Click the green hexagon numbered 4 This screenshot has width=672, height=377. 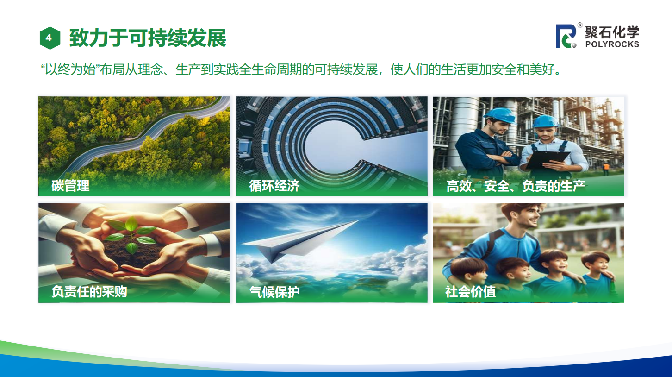[x=50, y=38]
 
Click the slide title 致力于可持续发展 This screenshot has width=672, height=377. [x=148, y=38]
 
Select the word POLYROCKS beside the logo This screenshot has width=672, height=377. [x=612, y=44]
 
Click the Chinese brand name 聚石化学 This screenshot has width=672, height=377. [x=612, y=32]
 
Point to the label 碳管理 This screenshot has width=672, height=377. [x=70, y=186]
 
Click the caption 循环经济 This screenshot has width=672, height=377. [x=274, y=186]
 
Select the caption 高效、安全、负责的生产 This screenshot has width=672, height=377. [x=516, y=186]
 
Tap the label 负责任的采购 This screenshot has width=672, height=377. [x=89, y=291]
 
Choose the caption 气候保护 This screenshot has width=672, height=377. [x=274, y=292]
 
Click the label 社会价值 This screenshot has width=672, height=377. [x=470, y=292]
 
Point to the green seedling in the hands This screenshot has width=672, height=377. [x=131, y=235]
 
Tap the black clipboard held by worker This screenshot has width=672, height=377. [x=548, y=159]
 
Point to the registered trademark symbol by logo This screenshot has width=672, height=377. [x=580, y=25]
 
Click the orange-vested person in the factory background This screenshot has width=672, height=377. [x=606, y=169]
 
